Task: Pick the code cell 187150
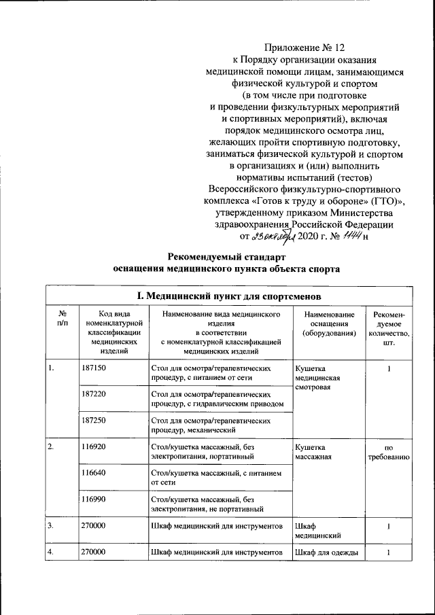94,368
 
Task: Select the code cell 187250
94,421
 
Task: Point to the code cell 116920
94,448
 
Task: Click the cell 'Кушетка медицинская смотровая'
317,377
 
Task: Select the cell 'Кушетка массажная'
313,453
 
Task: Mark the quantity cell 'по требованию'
388,453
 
